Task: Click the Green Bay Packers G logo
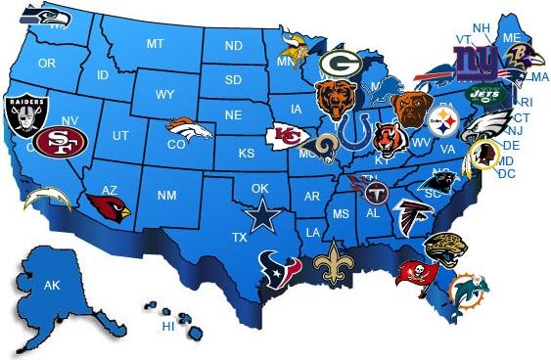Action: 343,65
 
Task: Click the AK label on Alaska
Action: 52,285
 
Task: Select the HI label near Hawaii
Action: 168,326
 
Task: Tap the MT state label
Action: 155,44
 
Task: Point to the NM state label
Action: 166,197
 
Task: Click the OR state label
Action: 47,63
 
